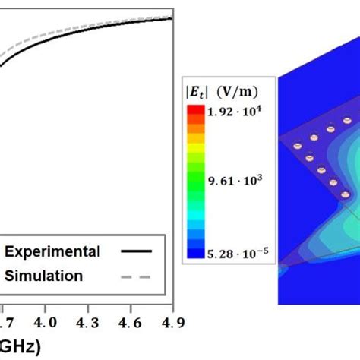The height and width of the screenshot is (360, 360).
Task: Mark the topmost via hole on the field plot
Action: click(x=347, y=121)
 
